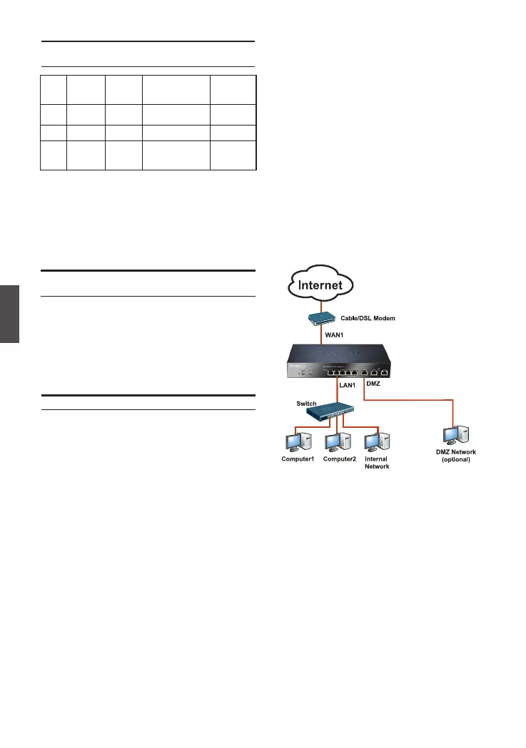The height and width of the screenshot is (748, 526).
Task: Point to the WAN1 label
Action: [340, 334]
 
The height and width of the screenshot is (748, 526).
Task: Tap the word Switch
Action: [306, 404]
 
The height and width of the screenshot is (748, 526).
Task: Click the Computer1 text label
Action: [298, 459]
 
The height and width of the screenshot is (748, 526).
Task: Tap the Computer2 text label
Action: [339, 459]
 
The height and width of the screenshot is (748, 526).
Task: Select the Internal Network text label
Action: [376, 463]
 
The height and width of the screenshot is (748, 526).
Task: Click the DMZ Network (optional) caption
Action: [456, 456]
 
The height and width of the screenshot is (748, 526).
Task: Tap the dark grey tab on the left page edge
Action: [9, 314]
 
